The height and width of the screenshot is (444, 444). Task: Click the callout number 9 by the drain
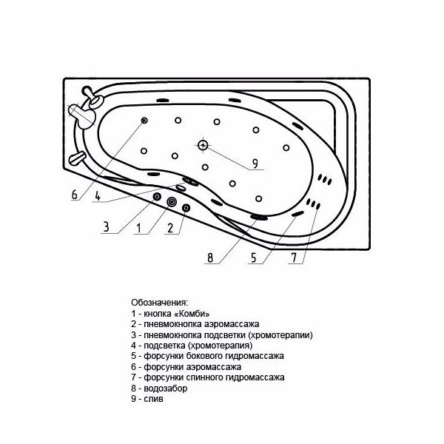(255, 164)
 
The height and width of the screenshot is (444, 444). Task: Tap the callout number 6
(75, 195)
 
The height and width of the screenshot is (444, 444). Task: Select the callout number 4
(98, 196)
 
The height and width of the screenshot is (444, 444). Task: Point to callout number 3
(106, 227)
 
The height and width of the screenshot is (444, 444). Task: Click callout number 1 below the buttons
(139, 228)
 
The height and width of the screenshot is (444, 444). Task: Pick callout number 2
(170, 228)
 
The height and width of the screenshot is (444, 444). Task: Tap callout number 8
(210, 258)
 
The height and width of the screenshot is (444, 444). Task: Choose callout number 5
(253, 258)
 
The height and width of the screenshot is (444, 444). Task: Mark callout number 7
(294, 258)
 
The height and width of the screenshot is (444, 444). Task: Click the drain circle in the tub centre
(203, 145)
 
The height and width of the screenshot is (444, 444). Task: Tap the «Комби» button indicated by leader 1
(172, 201)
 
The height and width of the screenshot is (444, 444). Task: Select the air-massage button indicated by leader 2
(186, 208)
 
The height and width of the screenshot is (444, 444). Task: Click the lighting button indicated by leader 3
(157, 196)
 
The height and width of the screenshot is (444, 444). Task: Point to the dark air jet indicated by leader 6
(144, 121)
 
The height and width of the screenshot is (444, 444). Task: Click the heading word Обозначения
(159, 303)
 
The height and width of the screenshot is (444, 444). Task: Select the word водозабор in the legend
(166, 388)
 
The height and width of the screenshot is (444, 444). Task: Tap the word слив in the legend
(153, 399)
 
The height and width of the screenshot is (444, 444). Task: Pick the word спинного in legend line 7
(205, 377)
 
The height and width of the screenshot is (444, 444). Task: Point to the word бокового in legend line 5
(205, 356)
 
